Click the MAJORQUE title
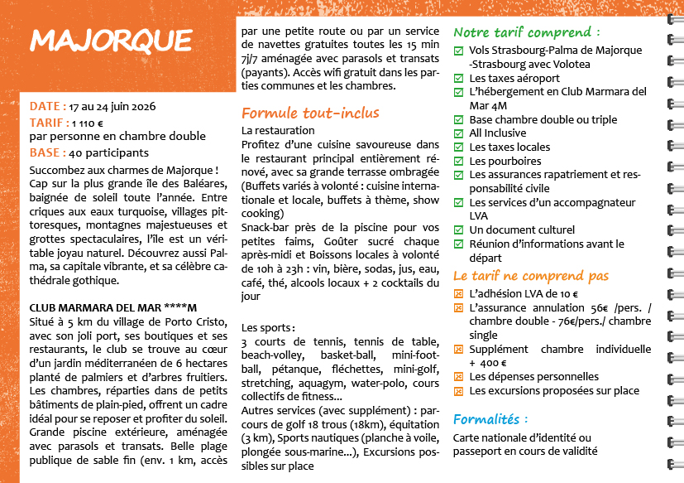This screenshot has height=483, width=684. click(x=110, y=40)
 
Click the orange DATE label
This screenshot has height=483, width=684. click(x=47, y=106)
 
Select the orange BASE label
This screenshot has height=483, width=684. click(x=47, y=152)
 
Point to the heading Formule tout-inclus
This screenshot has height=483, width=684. click(x=310, y=113)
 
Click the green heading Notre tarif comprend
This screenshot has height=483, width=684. click(x=527, y=32)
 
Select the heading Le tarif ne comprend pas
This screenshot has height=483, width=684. click(x=531, y=276)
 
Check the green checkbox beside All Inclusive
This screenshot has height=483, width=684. click(x=459, y=133)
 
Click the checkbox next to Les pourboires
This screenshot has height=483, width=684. click(x=459, y=161)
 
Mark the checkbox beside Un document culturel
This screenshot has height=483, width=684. click(x=459, y=229)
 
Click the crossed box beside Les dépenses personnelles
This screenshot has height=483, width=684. click(x=459, y=377)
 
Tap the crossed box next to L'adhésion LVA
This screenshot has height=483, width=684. click(x=459, y=294)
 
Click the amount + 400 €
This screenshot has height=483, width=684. click(x=489, y=363)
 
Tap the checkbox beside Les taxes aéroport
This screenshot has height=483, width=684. click(x=459, y=78)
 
